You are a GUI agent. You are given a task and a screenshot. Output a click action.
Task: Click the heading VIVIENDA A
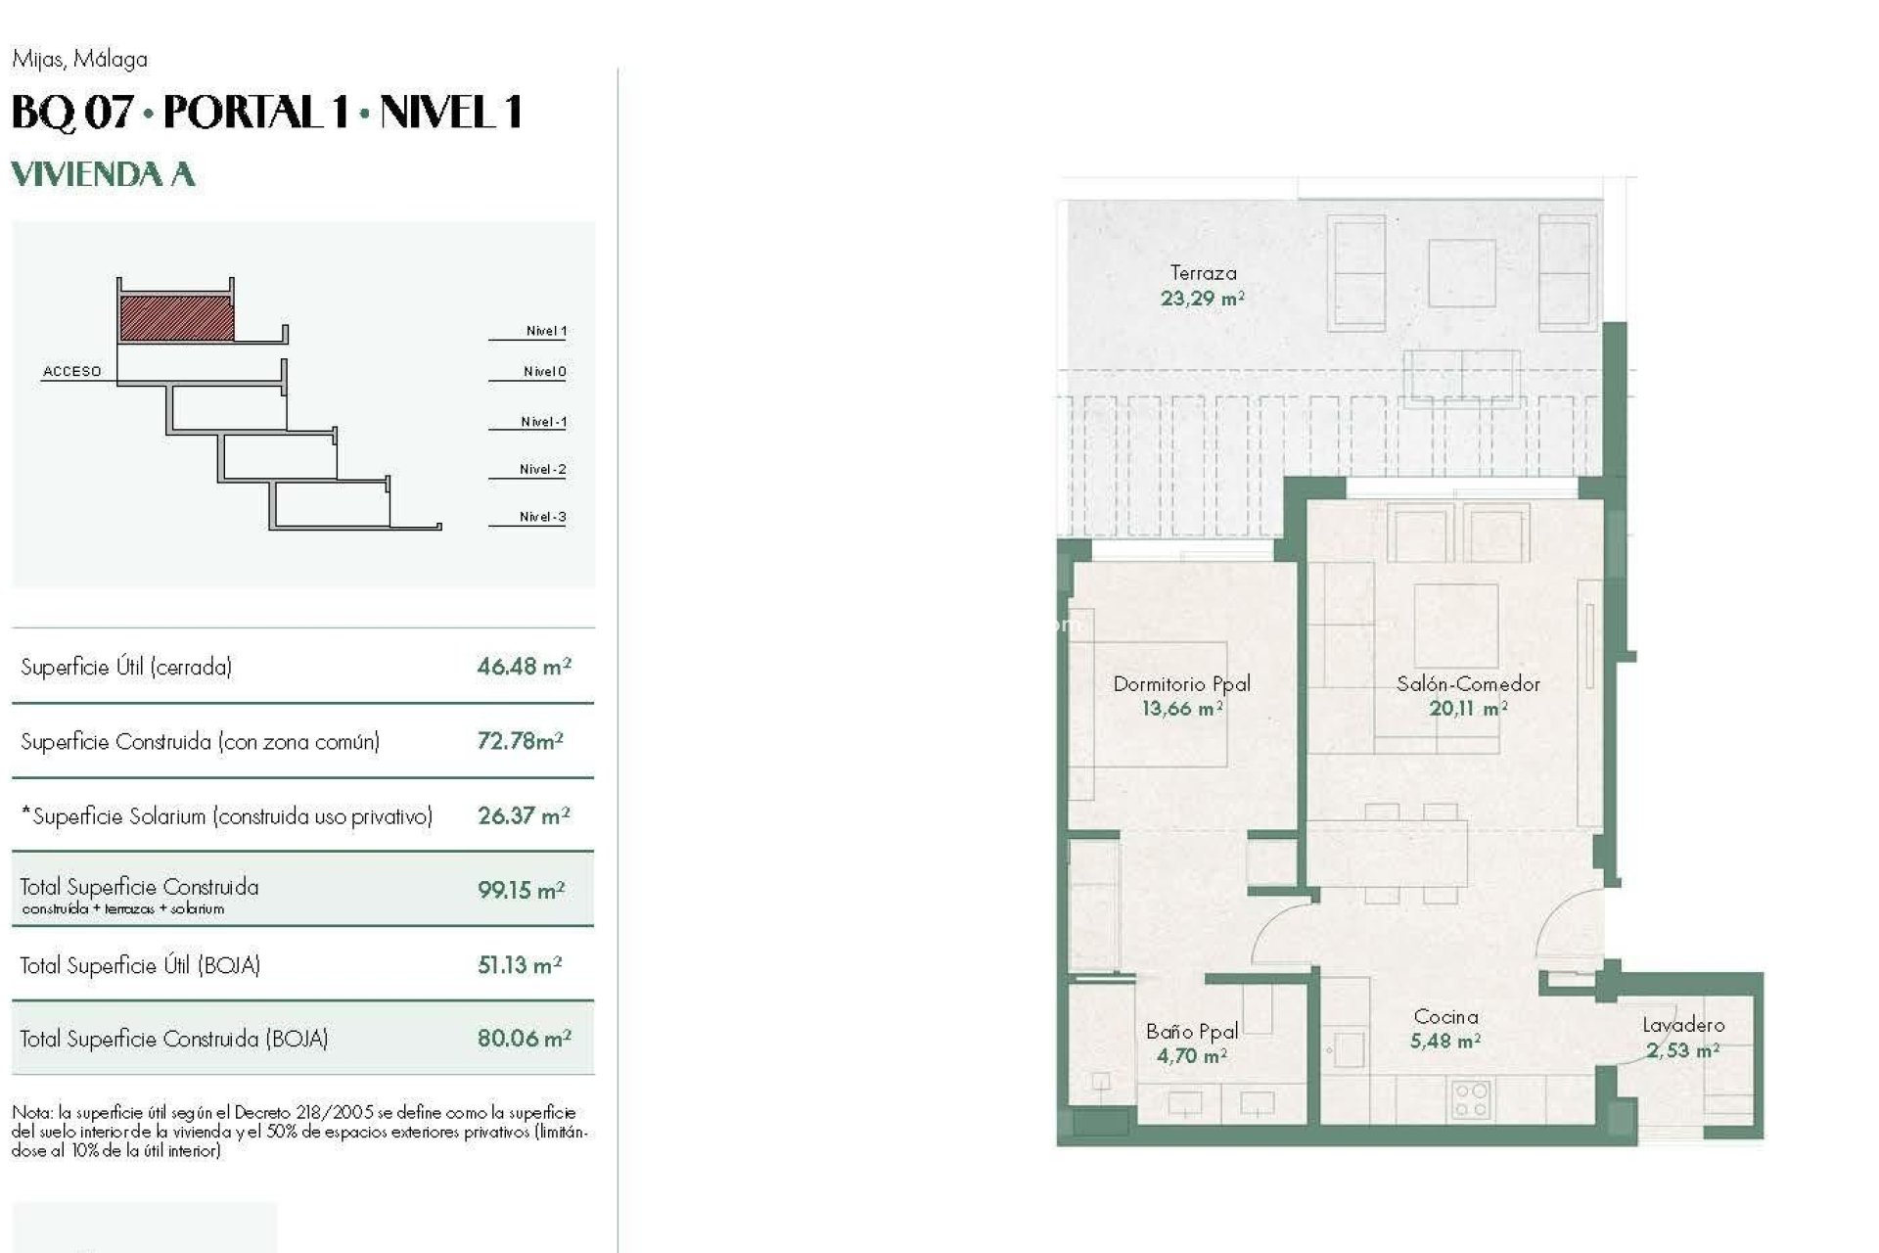pos(103,174)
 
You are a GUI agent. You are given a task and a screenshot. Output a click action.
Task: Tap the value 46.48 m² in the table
pos(524,667)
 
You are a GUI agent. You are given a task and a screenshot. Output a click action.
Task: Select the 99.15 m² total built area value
pos(521,890)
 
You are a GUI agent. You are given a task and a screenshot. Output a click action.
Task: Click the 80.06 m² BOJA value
pos(524,1038)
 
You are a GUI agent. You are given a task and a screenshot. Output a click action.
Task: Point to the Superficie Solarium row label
pos(226,816)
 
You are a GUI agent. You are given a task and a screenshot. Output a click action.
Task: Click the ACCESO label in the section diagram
pos(71,371)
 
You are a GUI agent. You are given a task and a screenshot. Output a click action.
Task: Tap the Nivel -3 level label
pos(542,517)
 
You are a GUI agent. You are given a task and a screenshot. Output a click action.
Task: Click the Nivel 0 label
pos(544,371)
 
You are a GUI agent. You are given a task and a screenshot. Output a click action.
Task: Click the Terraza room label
pos(1203,273)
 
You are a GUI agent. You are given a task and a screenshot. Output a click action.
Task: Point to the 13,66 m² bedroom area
pos(1181,709)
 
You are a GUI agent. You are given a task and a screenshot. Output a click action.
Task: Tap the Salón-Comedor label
pos(1467,684)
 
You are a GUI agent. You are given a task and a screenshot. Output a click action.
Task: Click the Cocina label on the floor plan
pos(1445,1017)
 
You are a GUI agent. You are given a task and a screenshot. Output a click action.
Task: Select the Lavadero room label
pos(1682,1025)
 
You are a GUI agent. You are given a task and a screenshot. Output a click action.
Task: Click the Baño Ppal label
pos(1191,1031)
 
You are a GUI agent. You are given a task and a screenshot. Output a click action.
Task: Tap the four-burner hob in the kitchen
pos(1469,1098)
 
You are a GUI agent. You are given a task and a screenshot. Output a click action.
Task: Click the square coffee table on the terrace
pos(1461,272)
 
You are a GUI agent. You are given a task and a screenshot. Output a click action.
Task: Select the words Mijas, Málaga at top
pos(79,59)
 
